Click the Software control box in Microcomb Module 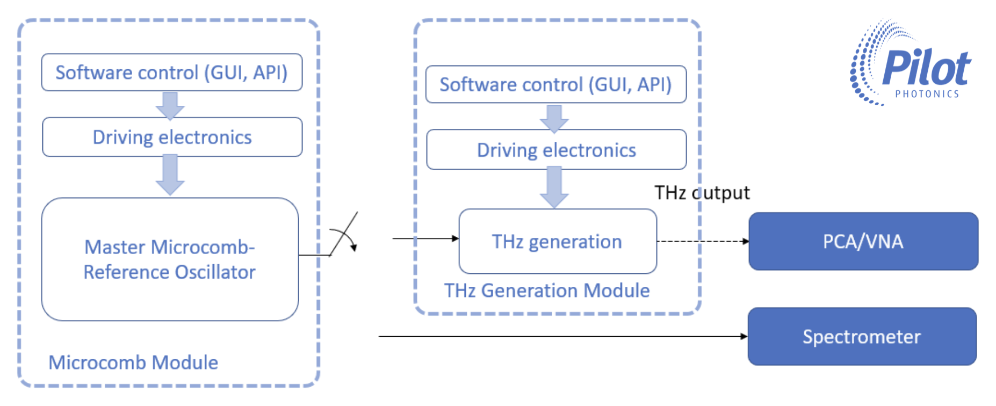point(172,73)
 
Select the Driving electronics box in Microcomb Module point(172,137)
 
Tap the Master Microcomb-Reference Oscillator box point(170,259)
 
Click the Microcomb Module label point(133,363)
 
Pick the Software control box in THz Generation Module point(556,84)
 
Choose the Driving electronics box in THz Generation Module point(556,150)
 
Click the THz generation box point(558,242)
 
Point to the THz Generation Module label point(547,291)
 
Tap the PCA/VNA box point(863,241)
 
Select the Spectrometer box point(862,337)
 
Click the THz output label point(702,193)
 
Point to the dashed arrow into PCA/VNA point(703,241)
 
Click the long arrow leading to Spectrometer point(563,337)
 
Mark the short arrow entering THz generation point(425,238)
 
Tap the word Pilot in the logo point(926,68)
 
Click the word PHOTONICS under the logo point(927,94)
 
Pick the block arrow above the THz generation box point(554,187)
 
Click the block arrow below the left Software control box point(170,105)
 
